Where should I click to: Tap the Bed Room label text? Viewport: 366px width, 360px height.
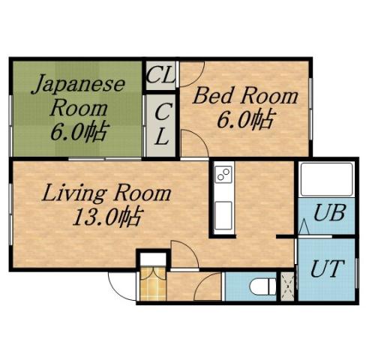[x=244, y=97]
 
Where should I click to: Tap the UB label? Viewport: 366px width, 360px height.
[x=329, y=212]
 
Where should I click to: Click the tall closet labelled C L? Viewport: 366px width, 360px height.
[x=160, y=124]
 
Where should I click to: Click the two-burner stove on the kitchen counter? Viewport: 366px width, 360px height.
[x=223, y=175]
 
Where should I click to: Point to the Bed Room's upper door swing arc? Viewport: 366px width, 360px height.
[x=192, y=72]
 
